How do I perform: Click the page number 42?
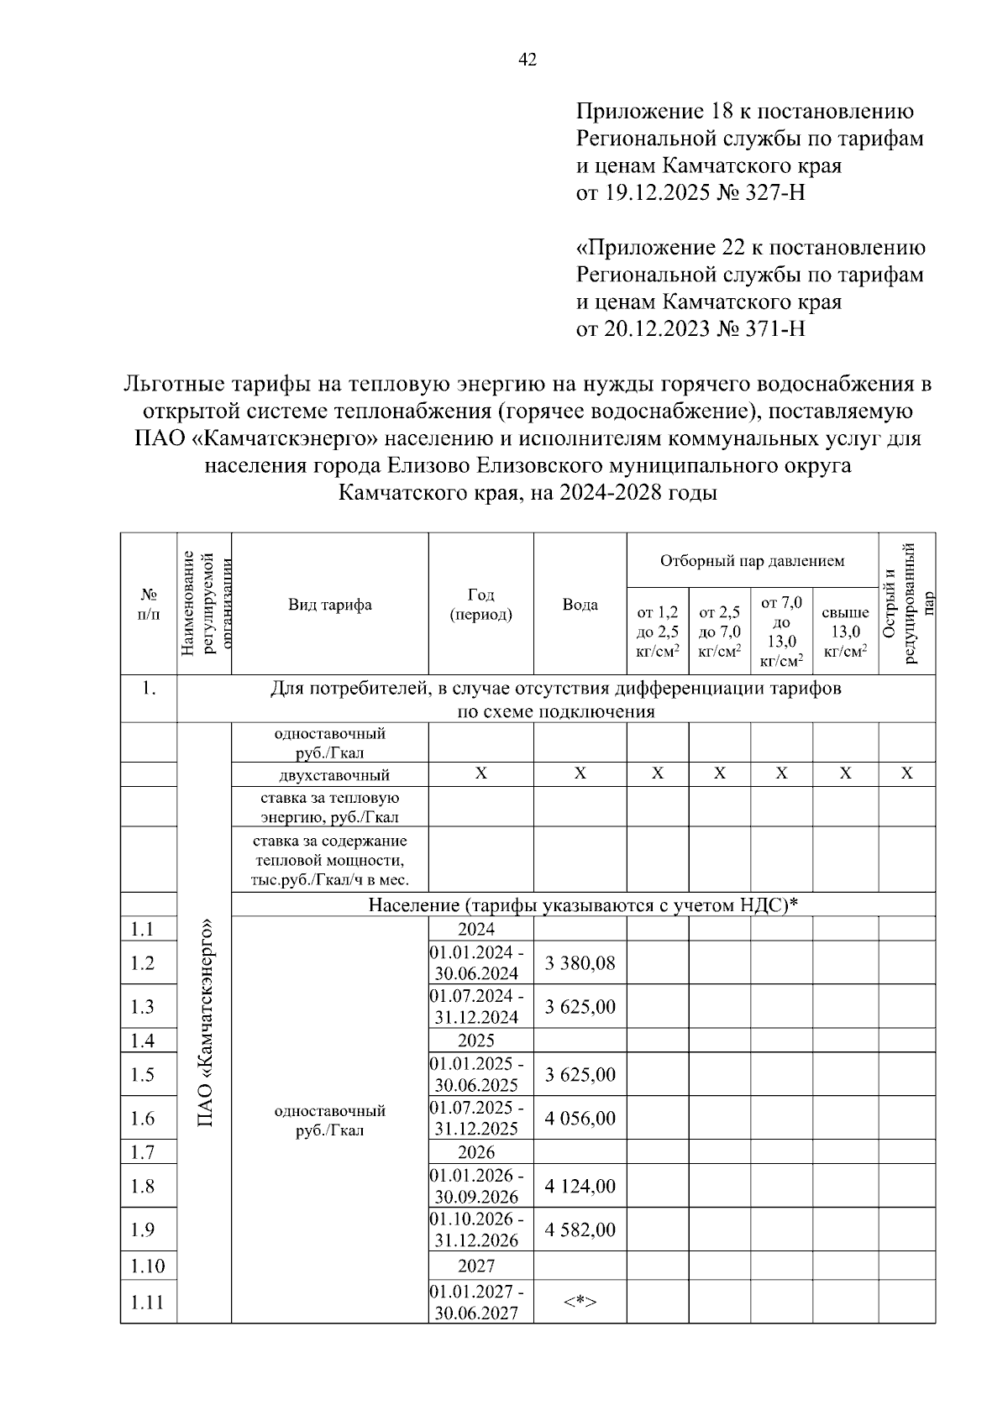tap(528, 60)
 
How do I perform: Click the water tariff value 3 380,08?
tap(580, 963)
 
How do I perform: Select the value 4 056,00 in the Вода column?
tap(580, 1118)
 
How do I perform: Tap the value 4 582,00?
tap(580, 1229)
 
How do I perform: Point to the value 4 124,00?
tap(580, 1186)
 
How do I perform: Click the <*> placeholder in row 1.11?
tap(580, 1303)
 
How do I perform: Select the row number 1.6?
tap(143, 1118)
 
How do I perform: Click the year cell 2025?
tap(476, 1041)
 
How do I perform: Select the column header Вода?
tap(580, 605)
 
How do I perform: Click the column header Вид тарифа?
tap(329, 605)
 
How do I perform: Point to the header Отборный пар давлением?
tap(752, 561)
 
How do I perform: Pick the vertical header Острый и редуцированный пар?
tap(906, 603)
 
